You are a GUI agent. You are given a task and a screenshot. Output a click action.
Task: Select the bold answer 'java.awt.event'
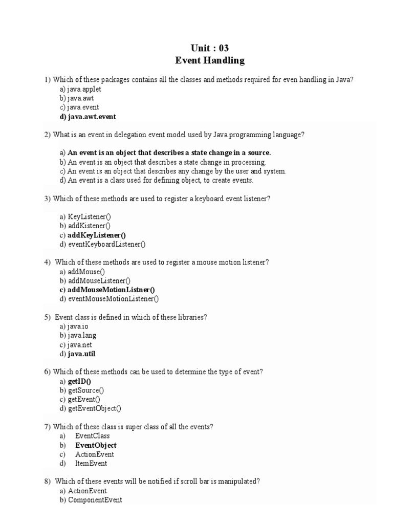pyautogui.click(x=92, y=117)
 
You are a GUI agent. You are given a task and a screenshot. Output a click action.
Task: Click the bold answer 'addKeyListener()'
pyautogui.click(x=97, y=235)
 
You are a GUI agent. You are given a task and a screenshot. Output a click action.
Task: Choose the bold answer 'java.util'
pyautogui.click(x=82, y=354)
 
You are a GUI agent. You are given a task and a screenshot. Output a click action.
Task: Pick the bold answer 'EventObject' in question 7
pyautogui.click(x=96, y=445)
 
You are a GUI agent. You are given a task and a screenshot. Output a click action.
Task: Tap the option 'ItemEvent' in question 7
pyautogui.click(x=91, y=464)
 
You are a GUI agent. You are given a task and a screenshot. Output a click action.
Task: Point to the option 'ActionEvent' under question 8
pyautogui.click(x=87, y=491)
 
